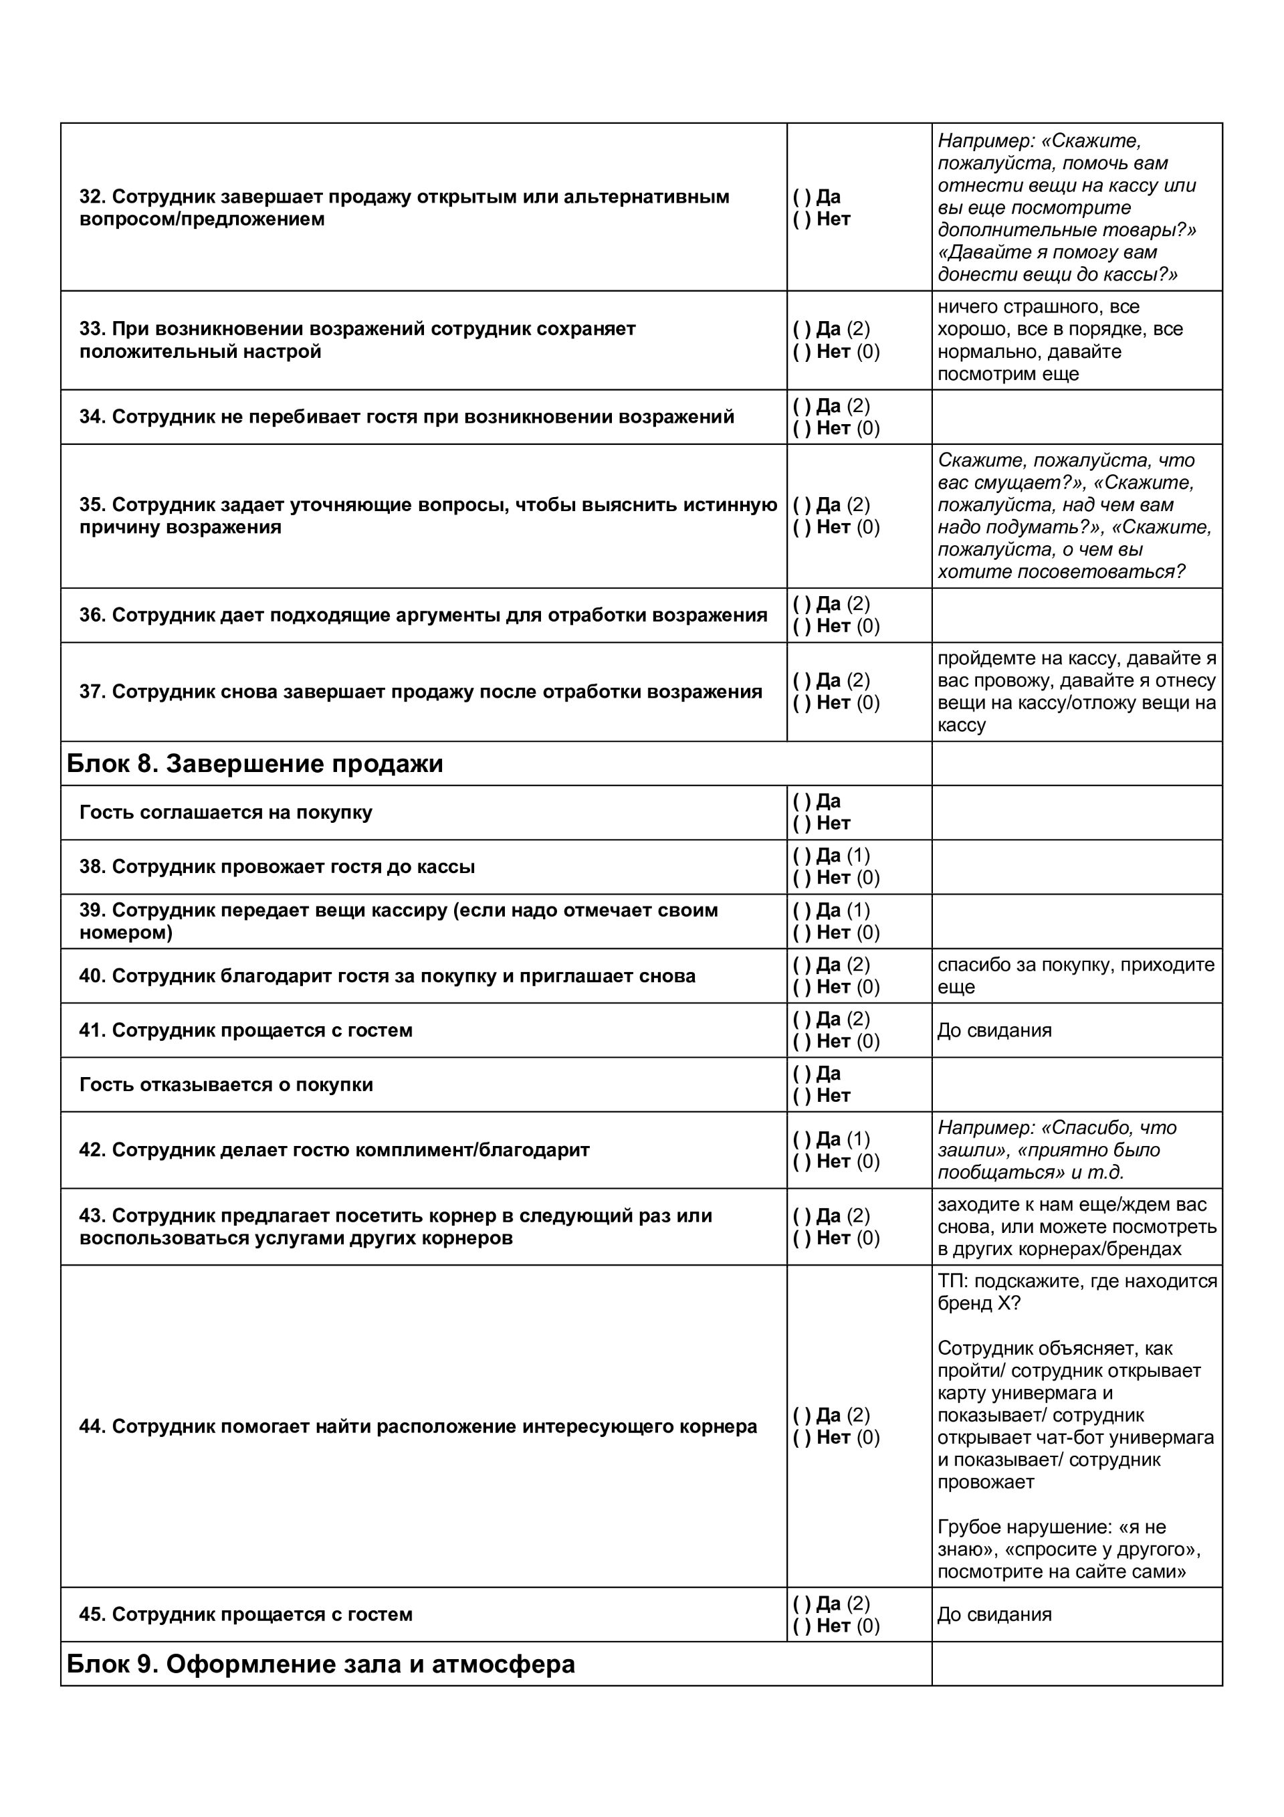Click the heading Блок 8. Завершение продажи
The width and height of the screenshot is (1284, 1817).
pyautogui.click(x=255, y=764)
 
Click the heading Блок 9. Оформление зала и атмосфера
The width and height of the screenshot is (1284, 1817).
pyautogui.click(x=320, y=1664)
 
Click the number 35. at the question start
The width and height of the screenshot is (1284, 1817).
pyautogui.click(x=92, y=505)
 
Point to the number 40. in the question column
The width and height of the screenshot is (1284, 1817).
pyautogui.click(x=92, y=976)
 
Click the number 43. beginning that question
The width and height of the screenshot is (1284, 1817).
pyautogui.click(x=92, y=1216)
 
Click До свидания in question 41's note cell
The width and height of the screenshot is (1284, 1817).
pyautogui.click(x=994, y=1030)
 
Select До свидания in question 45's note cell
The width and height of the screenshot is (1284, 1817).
pyautogui.click(x=994, y=1614)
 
